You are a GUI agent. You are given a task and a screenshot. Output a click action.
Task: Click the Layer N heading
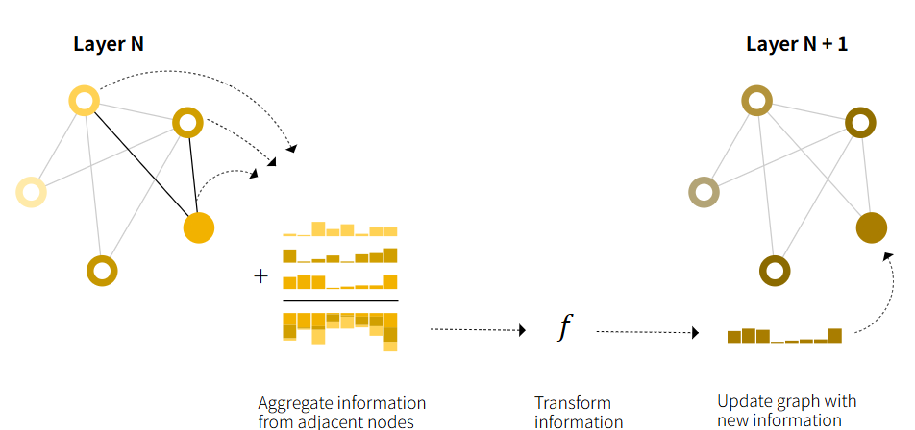109,44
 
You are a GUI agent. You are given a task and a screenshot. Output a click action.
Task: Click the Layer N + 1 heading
797,44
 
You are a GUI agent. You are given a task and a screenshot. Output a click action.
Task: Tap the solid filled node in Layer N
198,227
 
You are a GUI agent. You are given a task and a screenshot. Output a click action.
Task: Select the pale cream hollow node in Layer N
30,192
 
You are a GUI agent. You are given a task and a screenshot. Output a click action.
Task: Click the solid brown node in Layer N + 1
871,227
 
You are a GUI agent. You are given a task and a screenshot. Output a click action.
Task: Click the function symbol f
565,328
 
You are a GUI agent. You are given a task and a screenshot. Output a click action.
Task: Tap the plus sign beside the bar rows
260,276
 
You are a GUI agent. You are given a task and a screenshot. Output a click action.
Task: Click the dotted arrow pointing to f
478,329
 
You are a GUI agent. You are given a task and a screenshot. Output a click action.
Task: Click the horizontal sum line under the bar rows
339,300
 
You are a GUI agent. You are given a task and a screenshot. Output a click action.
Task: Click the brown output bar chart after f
784,336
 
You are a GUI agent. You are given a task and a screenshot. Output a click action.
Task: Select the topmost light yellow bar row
339,230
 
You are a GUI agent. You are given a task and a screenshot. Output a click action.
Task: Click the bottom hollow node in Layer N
102,272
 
